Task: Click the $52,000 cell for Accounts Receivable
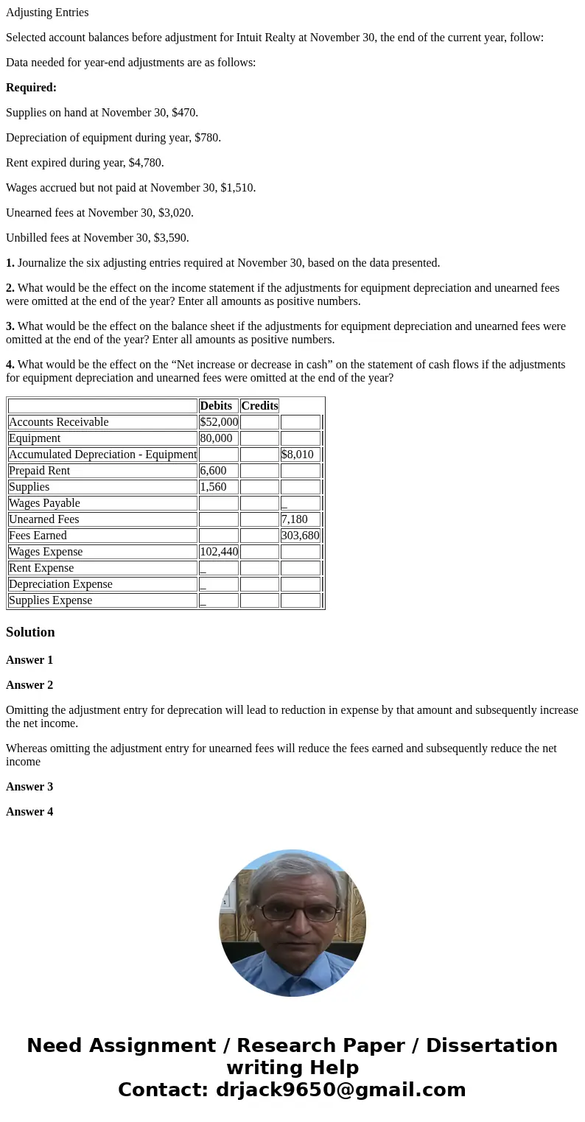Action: pyautogui.click(x=218, y=422)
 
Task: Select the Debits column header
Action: pyautogui.click(x=216, y=406)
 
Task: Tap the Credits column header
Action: pyautogui.click(x=259, y=406)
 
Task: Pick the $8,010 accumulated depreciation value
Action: pyautogui.click(x=298, y=455)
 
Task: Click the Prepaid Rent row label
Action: pyautogui.click(x=40, y=471)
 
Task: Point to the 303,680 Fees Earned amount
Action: pyautogui.click(x=300, y=536)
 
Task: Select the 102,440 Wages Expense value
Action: pyautogui.click(x=218, y=552)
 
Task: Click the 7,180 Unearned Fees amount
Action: pyautogui.click(x=295, y=519)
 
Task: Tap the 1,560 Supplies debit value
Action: pyautogui.click(x=214, y=487)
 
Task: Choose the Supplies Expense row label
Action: pyautogui.click(x=51, y=600)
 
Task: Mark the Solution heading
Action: pyautogui.click(x=30, y=632)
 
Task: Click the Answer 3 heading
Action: pyautogui.click(x=29, y=787)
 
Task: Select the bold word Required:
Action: pyautogui.click(x=31, y=88)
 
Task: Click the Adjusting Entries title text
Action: pyautogui.click(x=47, y=13)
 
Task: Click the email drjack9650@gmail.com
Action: pyautogui.click(x=340, y=1090)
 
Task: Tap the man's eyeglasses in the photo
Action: pyautogui.click(x=292, y=912)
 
